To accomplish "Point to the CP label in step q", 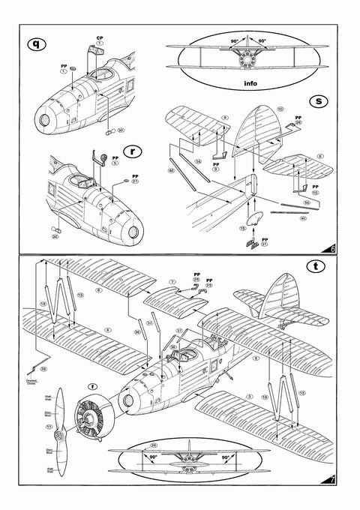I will [x=99, y=37].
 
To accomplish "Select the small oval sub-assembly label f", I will [x=91, y=387].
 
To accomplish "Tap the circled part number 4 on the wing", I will [x=108, y=329].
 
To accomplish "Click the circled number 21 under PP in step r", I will [x=135, y=182].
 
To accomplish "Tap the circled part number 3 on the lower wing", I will [x=250, y=394].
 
